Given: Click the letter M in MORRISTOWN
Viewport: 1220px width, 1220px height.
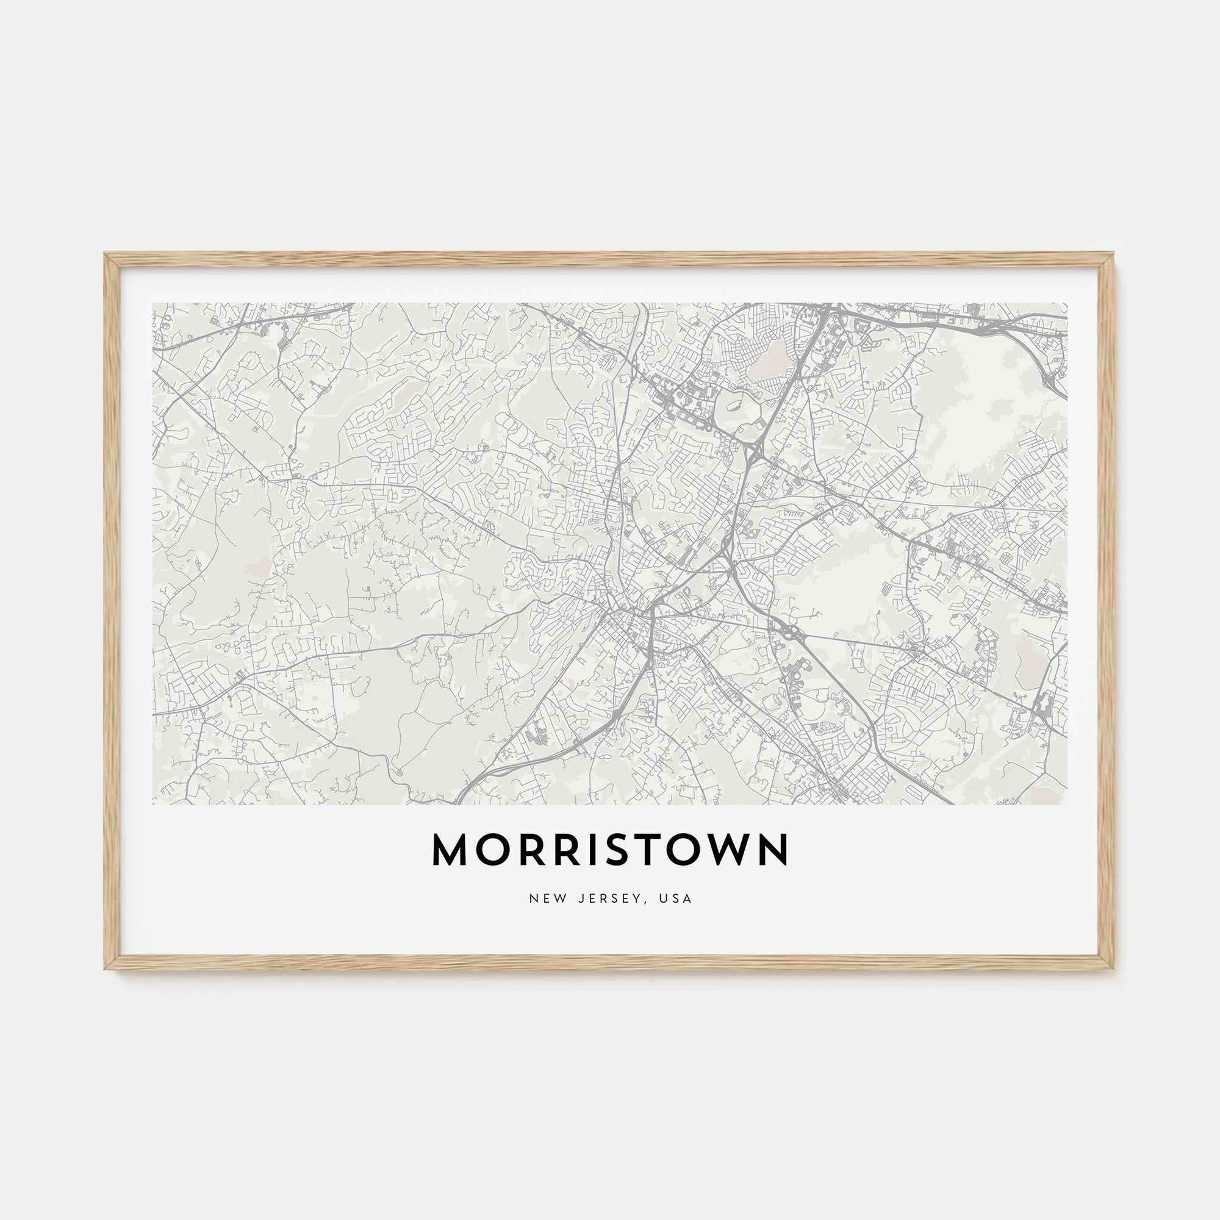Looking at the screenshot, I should (450, 850).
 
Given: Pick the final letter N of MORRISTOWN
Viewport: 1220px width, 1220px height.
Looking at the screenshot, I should (774, 850).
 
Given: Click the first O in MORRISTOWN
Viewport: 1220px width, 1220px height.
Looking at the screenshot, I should (490, 850).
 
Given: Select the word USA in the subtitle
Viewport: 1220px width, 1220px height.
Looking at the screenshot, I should (678, 899).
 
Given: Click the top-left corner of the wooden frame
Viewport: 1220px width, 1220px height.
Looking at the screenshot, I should (106, 254).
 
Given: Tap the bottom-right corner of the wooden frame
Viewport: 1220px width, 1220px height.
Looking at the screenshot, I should (1114, 969).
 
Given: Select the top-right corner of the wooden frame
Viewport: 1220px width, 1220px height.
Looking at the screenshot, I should (1114, 254).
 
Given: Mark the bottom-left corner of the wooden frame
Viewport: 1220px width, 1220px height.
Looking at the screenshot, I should (106, 969).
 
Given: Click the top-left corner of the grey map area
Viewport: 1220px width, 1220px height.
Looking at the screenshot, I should (153, 303).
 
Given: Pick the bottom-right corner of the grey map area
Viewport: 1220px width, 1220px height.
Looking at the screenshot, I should (1067, 805).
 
